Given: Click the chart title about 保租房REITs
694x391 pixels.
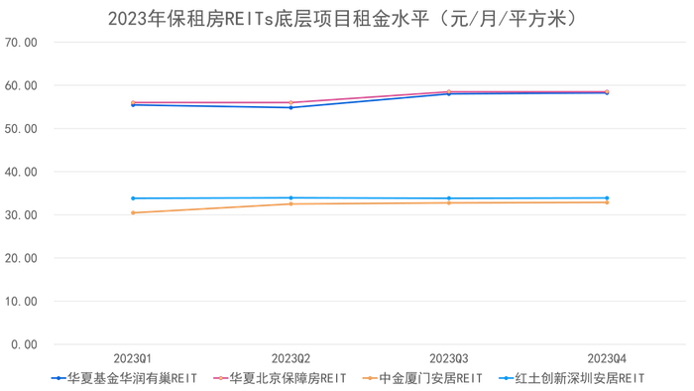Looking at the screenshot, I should click(x=342, y=18).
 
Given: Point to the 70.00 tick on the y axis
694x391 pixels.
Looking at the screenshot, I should click(x=21, y=43).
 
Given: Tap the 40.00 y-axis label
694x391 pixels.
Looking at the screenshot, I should click(x=21, y=172).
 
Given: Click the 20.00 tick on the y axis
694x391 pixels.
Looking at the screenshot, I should click(x=21, y=258).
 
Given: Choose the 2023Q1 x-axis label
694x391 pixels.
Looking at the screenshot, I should click(x=132, y=357).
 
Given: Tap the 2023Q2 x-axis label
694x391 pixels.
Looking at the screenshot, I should click(x=290, y=357).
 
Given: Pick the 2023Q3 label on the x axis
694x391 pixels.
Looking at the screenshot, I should click(x=448, y=357).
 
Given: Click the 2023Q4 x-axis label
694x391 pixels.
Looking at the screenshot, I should click(x=607, y=357).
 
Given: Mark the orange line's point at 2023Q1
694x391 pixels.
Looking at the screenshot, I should click(x=132, y=212).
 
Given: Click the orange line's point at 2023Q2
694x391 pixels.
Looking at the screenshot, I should click(x=290, y=203).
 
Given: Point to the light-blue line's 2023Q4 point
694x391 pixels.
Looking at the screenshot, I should click(x=607, y=197).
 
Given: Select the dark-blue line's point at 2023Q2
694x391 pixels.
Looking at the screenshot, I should click(x=290, y=107).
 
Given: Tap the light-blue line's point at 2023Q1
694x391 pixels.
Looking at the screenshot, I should click(x=132, y=198).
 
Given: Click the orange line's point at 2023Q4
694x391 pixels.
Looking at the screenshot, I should click(x=607, y=202).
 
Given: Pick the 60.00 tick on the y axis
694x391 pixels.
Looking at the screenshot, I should click(x=21, y=86).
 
